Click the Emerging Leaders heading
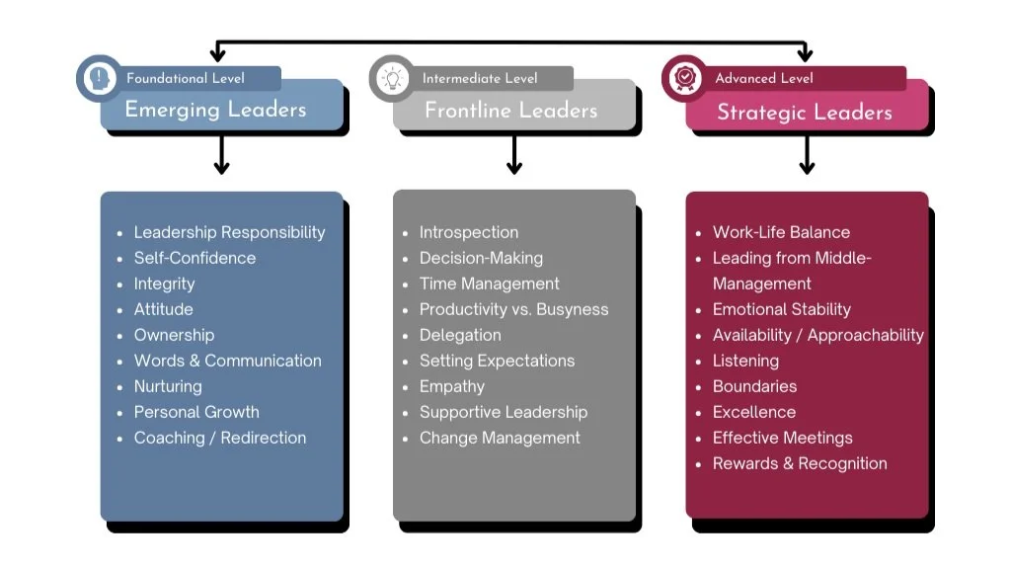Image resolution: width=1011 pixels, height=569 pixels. [215, 110]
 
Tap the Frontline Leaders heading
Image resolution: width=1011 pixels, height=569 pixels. [510, 111]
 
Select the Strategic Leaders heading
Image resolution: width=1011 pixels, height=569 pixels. [804, 113]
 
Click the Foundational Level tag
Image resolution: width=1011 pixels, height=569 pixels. [186, 78]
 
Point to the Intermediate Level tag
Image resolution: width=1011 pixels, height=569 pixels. [480, 78]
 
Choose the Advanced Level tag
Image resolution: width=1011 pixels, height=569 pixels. [764, 78]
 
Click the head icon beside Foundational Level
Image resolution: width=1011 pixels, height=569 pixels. [99, 78]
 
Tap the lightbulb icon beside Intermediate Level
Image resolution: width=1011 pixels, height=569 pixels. [392, 78]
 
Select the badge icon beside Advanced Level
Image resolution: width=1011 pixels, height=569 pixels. [684, 78]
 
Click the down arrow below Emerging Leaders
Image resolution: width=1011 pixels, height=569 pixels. [221, 155]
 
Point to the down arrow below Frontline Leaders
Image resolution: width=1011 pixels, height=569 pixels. [513, 155]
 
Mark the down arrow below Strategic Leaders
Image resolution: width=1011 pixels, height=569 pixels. [807, 155]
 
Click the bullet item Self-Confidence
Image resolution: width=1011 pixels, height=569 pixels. [194, 258]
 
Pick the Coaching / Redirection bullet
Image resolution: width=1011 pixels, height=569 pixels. [219, 438]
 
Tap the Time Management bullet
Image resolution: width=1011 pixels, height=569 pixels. [489, 284]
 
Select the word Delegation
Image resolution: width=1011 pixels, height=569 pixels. [460, 335]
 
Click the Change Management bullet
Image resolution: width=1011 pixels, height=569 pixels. [500, 438]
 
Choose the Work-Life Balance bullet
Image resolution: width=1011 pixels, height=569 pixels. [781, 232]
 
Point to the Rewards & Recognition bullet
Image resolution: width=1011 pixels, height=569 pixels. [800, 463]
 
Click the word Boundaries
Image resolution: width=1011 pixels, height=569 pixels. [754, 386]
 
